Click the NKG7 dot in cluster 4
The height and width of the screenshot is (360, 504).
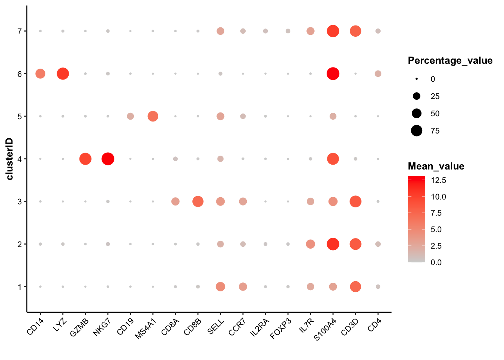(x=108, y=159)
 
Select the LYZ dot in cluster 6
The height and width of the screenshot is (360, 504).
(x=63, y=74)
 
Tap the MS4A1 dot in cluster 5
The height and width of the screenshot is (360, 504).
(x=153, y=116)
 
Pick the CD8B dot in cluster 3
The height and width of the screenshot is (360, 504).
(x=198, y=201)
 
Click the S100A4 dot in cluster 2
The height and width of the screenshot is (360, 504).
(x=333, y=244)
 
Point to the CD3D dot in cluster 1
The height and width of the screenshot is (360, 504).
(x=355, y=286)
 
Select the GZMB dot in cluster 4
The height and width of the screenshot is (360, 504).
(x=85, y=159)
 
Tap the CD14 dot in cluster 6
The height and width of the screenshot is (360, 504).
(x=40, y=74)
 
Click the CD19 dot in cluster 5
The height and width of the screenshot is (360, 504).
(x=130, y=116)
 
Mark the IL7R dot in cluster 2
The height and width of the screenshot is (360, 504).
(x=310, y=244)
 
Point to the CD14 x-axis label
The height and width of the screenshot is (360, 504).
(x=36, y=326)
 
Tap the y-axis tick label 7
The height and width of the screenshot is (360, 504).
(x=19, y=31)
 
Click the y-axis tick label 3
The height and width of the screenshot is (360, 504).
(x=19, y=201)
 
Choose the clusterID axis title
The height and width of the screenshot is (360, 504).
(x=9, y=159)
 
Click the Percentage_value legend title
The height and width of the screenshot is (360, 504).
(x=450, y=61)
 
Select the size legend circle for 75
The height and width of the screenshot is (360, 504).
(x=416, y=131)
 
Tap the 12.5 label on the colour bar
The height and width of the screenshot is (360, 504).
(x=438, y=180)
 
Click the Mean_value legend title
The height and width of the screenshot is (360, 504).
(x=436, y=166)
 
